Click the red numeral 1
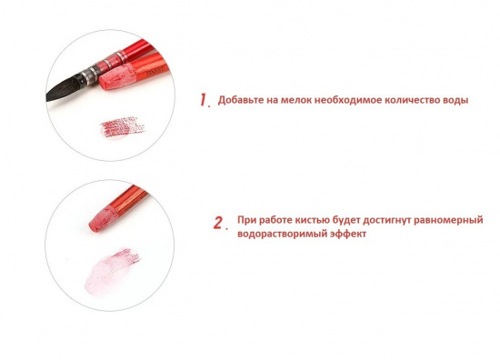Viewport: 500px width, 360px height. tap(204, 99)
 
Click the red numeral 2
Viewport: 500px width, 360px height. tap(218, 223)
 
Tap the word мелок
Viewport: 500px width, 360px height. tap(296, 100)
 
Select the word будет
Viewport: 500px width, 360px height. tap(346, 220)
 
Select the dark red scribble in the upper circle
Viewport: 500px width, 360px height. tap(122, 127)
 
